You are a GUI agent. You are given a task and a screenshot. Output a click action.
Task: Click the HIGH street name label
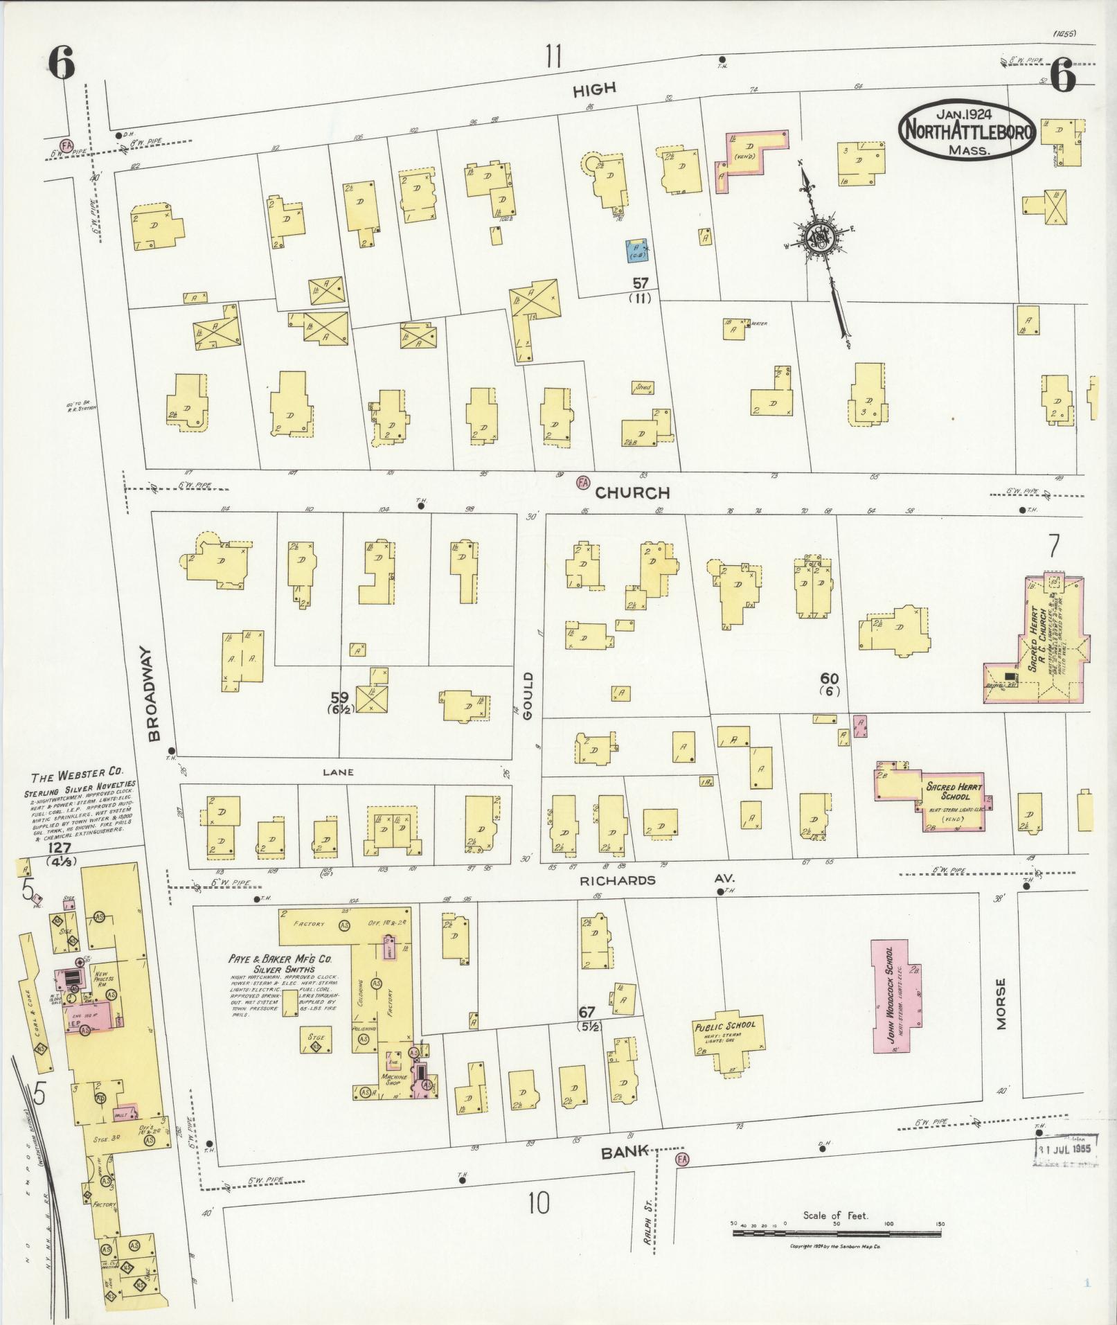pyautogui.click(x=594, y=89)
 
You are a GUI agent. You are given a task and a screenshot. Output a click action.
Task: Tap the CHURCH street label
pyautogui.click(x=632, y=492)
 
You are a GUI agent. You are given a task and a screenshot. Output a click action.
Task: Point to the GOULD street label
pyautogui.click(x=528, y=695)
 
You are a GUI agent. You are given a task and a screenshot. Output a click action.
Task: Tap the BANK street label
pyautogui.click(x=625, y=1153)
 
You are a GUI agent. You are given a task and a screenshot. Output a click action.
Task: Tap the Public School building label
pyautogui.click(x=726, y=1027)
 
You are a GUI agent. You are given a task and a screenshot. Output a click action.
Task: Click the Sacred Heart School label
pyautogui.click(x=954, y=792)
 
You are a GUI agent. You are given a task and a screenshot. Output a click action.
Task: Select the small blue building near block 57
pyautogui.click(x=636, y=251)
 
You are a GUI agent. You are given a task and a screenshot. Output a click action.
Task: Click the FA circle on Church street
pyautogui.click(x=583, y=482)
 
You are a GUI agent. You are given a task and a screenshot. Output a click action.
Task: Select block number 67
pyautogui.click(x=587, y=1013)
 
